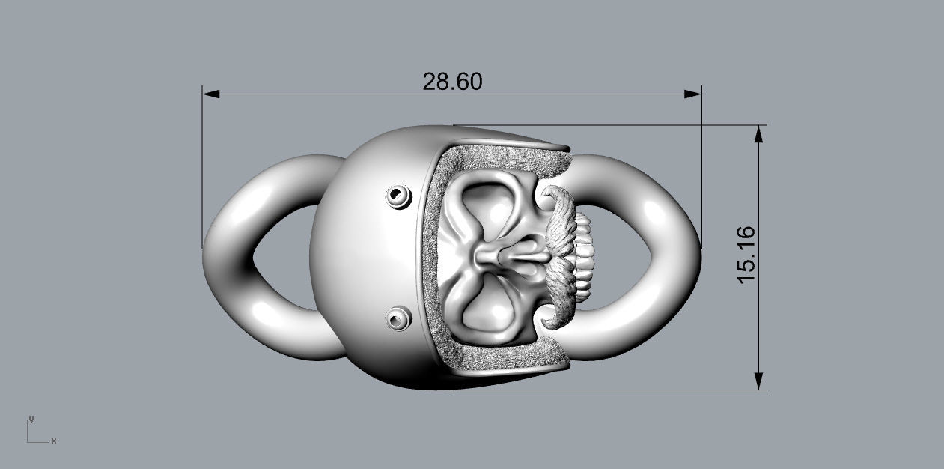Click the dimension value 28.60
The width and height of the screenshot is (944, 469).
tap(452, 81)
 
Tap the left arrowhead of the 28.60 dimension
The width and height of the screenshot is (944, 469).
tap(210, 94)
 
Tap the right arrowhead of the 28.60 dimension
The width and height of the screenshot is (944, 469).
tap(694, 94)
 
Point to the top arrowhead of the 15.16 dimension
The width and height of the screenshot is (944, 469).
tap(759, 133)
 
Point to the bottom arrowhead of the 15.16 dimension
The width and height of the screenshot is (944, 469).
tap(759, 381)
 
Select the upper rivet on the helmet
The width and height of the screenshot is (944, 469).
tap(398, 196)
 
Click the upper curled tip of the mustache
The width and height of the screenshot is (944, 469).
tap(554, 196)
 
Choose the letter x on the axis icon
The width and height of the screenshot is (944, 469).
tap(54, 441)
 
